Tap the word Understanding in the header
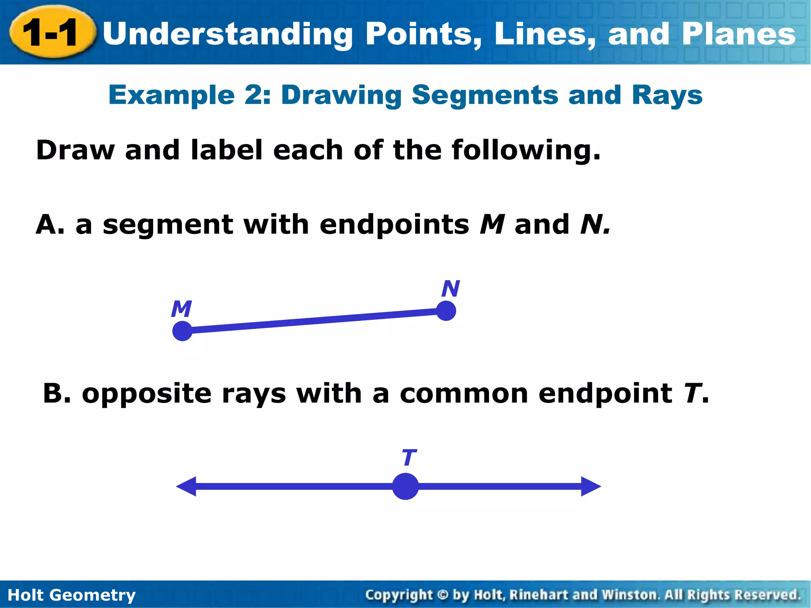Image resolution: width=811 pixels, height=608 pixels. click(227, 34)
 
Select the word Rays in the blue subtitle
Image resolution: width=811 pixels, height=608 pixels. click(667, 95)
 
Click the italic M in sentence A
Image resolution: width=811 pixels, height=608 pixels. click(492, 224)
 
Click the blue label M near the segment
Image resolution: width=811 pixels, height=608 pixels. click(181, 309)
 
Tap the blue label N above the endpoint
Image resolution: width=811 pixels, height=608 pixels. click(451, 289)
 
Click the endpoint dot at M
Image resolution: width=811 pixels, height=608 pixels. click(183, 331)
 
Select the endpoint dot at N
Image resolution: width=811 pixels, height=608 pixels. click(446, 311)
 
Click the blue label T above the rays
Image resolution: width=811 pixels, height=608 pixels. click(409, 458)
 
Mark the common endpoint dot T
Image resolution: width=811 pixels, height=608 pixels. click(405, 486)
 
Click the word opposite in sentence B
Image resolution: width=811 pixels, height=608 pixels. click(147, 394)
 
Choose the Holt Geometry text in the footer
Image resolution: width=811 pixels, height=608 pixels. click(72, 595)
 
